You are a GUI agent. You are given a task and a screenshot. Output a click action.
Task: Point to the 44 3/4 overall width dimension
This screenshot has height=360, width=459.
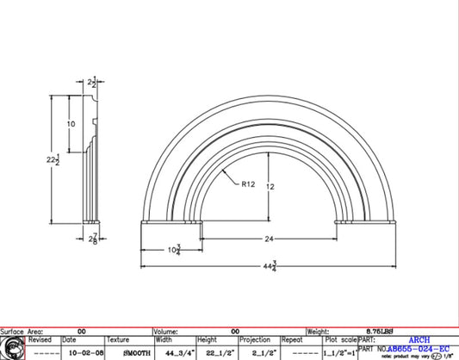point(270,268)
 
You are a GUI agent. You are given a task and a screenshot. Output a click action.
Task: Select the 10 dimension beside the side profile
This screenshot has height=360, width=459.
point(71,125)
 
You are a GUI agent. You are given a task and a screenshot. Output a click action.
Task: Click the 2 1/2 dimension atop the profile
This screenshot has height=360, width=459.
point(93,83)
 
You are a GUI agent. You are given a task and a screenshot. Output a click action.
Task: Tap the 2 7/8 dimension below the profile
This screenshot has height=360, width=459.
point(92,238)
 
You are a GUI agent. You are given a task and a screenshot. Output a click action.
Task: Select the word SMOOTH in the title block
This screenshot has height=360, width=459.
point(122,353)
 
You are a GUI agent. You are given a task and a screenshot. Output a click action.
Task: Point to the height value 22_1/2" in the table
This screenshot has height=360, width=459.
point(214,353)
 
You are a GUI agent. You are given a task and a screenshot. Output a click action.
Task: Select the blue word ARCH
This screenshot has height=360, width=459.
point(419,340)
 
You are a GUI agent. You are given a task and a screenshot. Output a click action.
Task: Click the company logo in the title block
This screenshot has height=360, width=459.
point(13,348)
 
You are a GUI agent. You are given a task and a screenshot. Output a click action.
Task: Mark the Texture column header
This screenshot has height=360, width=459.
point(118,340)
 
